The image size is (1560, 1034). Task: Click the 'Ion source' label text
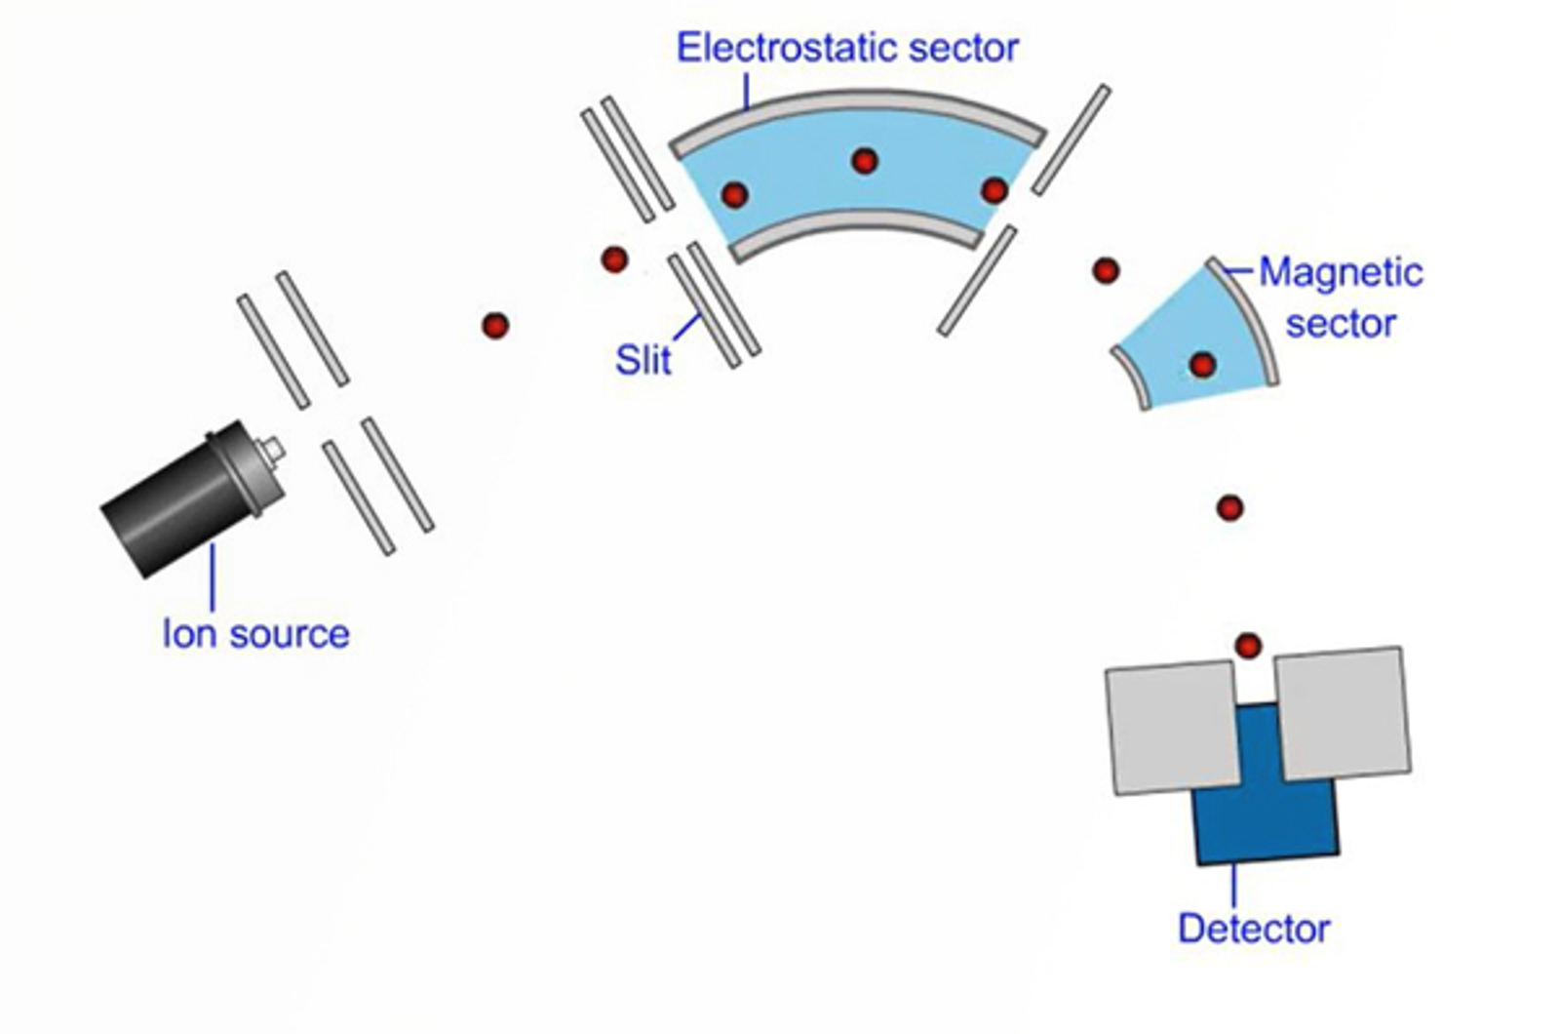coord(255,634)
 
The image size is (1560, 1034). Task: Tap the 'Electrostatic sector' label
coord(847,48)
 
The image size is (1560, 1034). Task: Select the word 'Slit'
coord(643,360)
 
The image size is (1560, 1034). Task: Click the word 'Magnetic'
coord(1341,272)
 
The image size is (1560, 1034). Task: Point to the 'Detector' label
coord(1253,928)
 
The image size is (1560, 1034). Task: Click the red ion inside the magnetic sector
coord(1202,365)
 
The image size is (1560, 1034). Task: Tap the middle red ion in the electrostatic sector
coord(864,161)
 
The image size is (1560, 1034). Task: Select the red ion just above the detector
coord(1248,645)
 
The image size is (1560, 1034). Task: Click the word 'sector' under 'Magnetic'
coord(1341,323)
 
